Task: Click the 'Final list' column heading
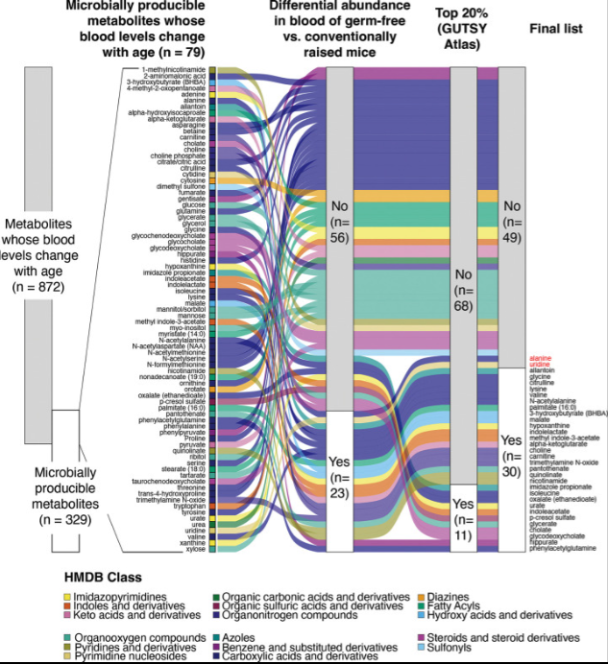coord(556,29)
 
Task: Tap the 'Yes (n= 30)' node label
coord(511,455)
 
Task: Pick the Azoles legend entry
coord(246,638)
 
